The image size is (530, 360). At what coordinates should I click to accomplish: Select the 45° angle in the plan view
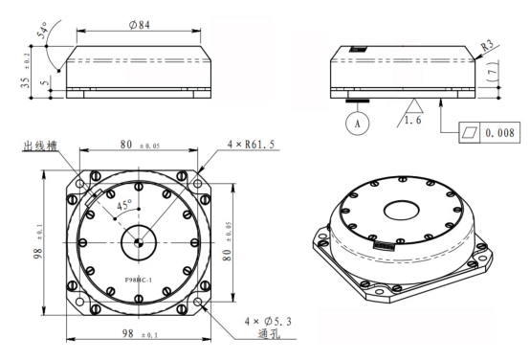pyautogui.click(x=124, y=205)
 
